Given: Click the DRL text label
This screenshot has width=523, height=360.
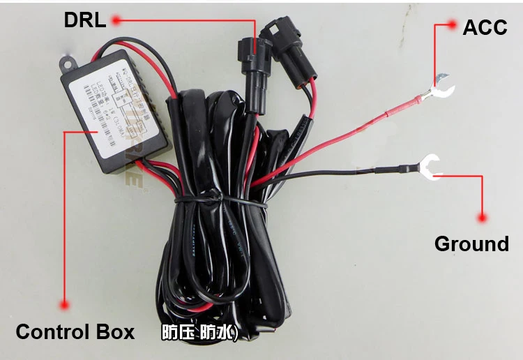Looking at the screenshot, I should coord(84,20).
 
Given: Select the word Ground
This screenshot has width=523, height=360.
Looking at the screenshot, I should coord(471,243).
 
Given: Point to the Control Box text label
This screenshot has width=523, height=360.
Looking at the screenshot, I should coord(75,331).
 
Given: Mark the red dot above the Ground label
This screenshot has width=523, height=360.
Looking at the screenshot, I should coord(480,218).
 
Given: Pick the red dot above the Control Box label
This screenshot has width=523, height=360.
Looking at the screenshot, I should coord(65,305).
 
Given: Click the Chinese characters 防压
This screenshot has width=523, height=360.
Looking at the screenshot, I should coord(176,333).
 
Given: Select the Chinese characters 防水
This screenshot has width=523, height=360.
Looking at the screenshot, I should coord(219,333).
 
